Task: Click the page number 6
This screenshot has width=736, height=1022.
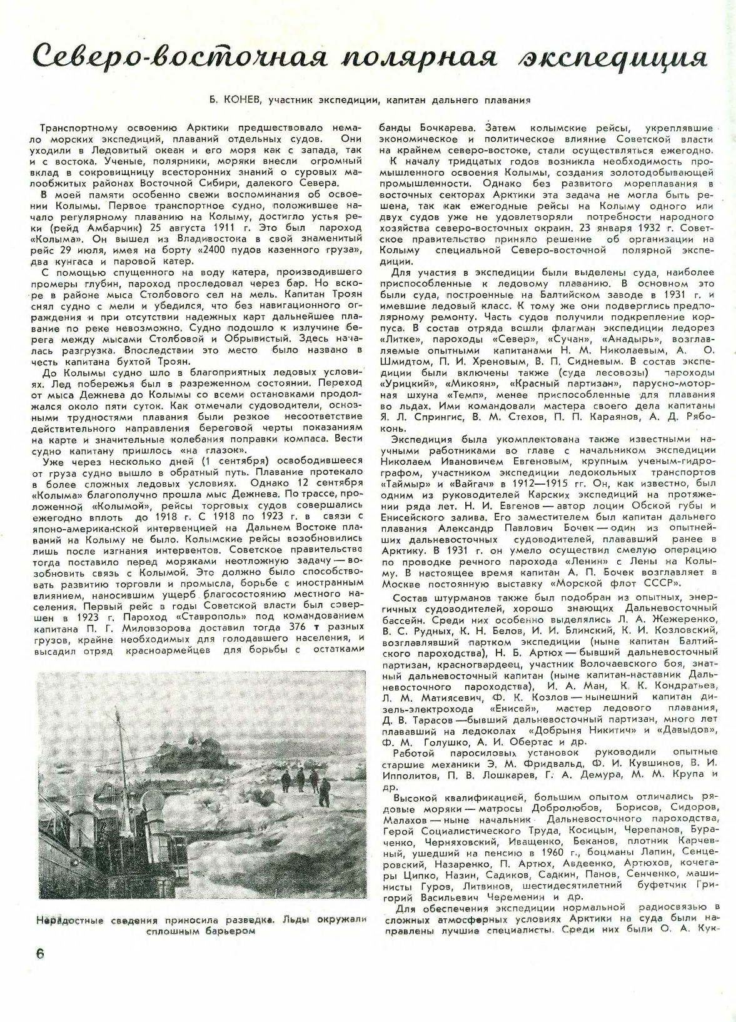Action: click(x=39, y=953)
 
